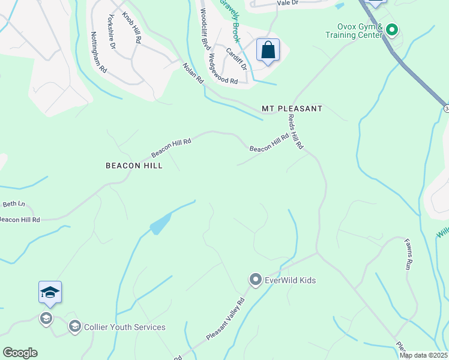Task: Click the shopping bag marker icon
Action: (268, 49)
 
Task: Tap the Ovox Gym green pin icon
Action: (392, 29)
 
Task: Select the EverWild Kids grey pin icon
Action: (255, 280)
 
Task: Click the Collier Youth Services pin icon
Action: (75, 326)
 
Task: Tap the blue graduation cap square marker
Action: (50, 292)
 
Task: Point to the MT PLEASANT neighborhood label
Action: (292, 109)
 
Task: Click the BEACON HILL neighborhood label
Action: (134, 165)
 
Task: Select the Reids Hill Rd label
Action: (295, 132)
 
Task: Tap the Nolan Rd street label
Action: (193, 74)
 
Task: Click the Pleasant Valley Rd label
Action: (226, 320)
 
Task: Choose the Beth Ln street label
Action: (14, 204)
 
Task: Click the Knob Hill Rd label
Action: (131, 28)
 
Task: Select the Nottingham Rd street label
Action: (99, 52)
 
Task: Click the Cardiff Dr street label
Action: (237, 58)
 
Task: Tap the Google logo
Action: (20, 353)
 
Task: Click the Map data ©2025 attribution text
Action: (423, 355)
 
